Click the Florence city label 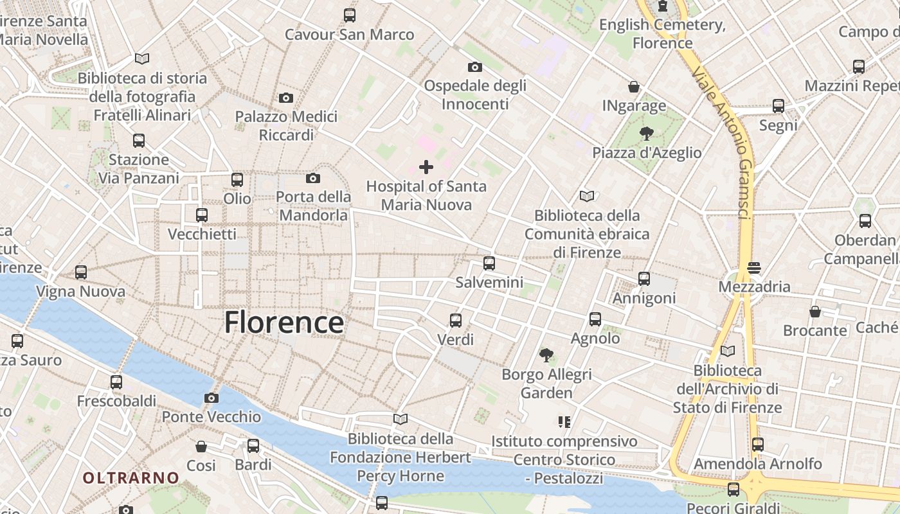(283, 322)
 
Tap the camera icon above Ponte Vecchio (212, 398)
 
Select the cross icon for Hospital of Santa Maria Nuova (426, 167)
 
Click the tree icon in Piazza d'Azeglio (647, 134)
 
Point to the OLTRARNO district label (130, 477)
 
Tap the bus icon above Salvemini (489, 263)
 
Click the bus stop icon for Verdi (456, 320)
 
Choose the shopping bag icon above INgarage (634, 87)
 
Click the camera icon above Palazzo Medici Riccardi (286, 98)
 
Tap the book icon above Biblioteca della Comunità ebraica (586, 196)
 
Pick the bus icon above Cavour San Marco (350, 15)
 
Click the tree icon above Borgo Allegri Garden (546, 354)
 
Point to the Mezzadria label (754, 287)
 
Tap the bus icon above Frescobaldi (116, 382)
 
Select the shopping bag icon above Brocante (815, 312)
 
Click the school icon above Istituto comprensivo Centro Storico (564, 422)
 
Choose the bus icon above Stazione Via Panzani (139, 141)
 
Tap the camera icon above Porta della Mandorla (313, 178)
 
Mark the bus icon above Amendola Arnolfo (758, 444)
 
